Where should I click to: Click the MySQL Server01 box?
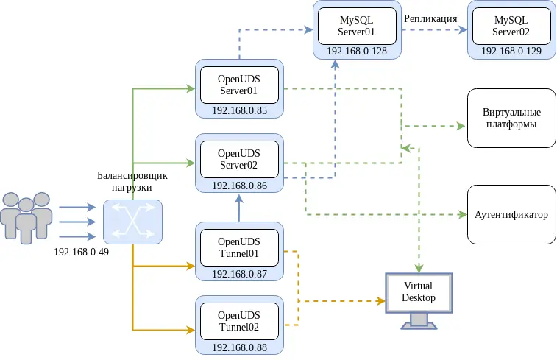[357, 26]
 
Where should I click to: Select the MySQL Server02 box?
[511, 26]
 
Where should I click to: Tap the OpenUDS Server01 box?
[239, 85]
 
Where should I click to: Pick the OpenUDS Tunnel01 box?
[239, 247]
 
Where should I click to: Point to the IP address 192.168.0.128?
[357, 51]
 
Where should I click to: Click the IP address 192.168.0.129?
[511, 51]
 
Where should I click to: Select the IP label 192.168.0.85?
[239, 110]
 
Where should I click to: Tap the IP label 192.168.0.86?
[239, 185]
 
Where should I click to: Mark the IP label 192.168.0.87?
[239, 273]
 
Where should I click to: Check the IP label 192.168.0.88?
[239, 347]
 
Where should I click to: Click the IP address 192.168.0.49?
[81, 252]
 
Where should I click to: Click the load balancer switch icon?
[132, 222]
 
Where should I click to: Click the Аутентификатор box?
[511, 214]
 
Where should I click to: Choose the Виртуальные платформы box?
[511, 119]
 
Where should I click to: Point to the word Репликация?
[430, 18]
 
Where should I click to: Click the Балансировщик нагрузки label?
[132, 181]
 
